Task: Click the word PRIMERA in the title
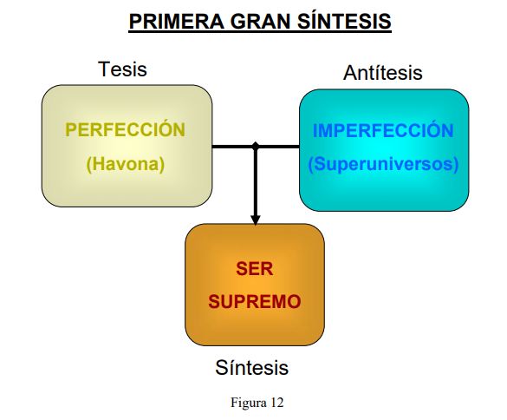point(177,22)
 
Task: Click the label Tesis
point(122,69)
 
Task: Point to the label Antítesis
point(383,73)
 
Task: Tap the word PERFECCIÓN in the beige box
point(126,129)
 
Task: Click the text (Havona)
point(126,164)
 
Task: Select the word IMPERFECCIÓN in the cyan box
point(383,130)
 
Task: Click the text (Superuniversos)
point(383,164)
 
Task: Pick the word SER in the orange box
point(255,269)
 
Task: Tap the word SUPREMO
point(255,302)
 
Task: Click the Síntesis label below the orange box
point(252,368)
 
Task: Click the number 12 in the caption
point(277,403)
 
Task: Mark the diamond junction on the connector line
point(256,146)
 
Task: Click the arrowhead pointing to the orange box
point(256,220)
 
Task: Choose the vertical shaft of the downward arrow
point(256,181)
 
